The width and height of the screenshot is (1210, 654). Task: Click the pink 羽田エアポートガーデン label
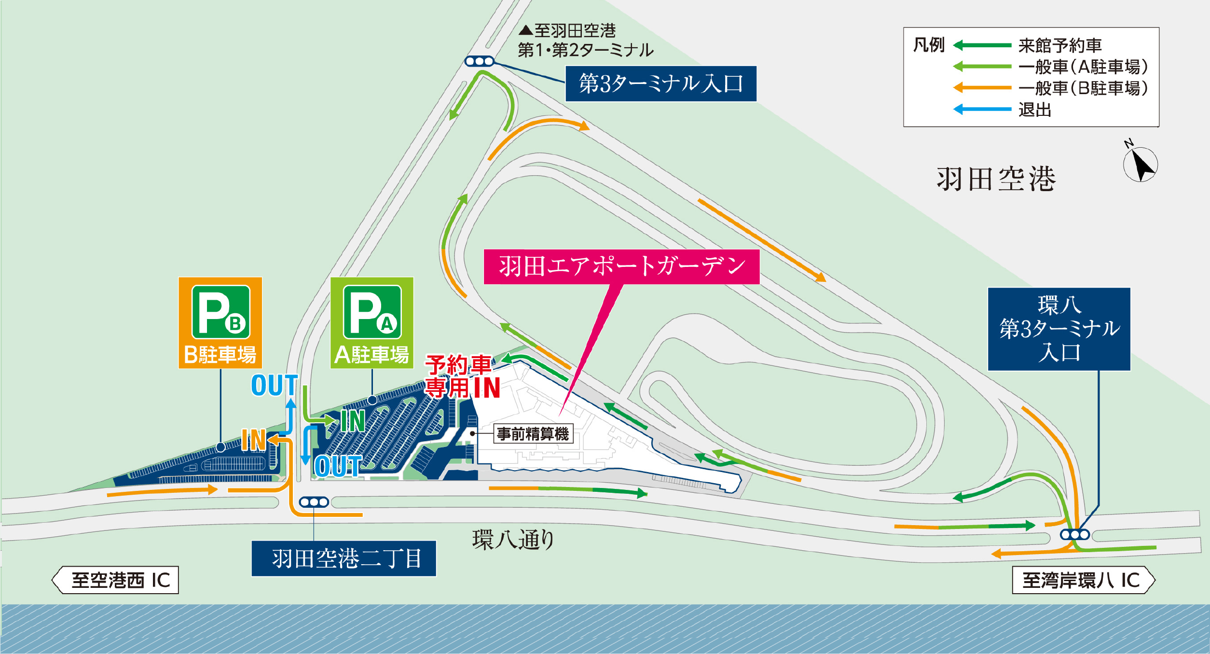(621, 266)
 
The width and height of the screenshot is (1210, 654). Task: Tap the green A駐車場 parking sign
(371, 322)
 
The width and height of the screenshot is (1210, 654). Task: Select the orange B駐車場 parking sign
(220, 322)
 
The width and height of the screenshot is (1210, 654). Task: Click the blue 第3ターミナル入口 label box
(660, 83)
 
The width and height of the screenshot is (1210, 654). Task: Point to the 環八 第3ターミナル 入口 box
(1059, 329)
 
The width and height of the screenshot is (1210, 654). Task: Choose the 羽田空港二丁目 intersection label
(344, 558)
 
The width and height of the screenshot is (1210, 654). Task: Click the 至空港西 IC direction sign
(116, 580)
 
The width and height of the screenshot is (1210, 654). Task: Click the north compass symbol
(1140, 164)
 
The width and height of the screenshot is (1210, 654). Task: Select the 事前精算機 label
(533, 434)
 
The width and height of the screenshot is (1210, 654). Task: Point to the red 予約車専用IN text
(462, 376)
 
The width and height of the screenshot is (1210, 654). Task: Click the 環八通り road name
(513, 539)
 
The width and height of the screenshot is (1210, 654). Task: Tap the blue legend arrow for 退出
(982, 110)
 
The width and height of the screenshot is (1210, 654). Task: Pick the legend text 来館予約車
(1060, 45)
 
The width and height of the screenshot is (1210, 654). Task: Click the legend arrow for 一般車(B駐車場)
(982, 88)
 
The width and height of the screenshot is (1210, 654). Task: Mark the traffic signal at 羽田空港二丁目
(314, 502)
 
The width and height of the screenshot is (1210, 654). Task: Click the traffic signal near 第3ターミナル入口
(479, 61)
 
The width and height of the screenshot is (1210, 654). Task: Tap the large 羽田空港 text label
(996, 179)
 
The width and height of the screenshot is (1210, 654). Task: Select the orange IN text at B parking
(253, 440)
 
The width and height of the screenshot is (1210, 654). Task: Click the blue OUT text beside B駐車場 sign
(274, 385)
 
